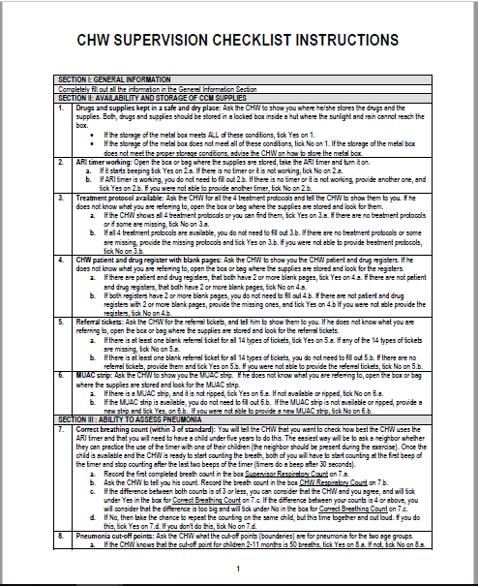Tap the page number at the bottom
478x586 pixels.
click(238, 570)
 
